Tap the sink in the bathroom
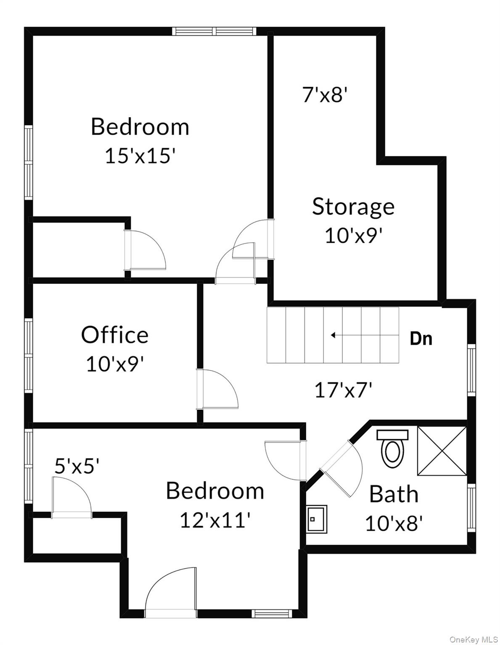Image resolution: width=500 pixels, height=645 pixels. click(316, 519)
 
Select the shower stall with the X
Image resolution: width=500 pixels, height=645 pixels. click(442, 451)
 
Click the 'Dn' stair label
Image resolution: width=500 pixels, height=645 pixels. click(421, 338)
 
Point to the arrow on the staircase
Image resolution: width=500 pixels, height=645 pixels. click(333, 335)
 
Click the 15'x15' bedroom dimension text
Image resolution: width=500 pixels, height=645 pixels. click(140, 156)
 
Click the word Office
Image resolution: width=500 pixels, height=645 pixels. click(114, 335)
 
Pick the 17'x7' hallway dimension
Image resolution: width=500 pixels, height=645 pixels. click(344, 391)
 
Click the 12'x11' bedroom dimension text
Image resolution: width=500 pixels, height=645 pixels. click(215, 521)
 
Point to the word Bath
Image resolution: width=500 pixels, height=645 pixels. click(394, 494)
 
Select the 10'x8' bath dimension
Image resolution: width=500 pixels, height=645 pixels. click(394, 523)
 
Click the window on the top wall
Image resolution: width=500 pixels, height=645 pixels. click(214, 31)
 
